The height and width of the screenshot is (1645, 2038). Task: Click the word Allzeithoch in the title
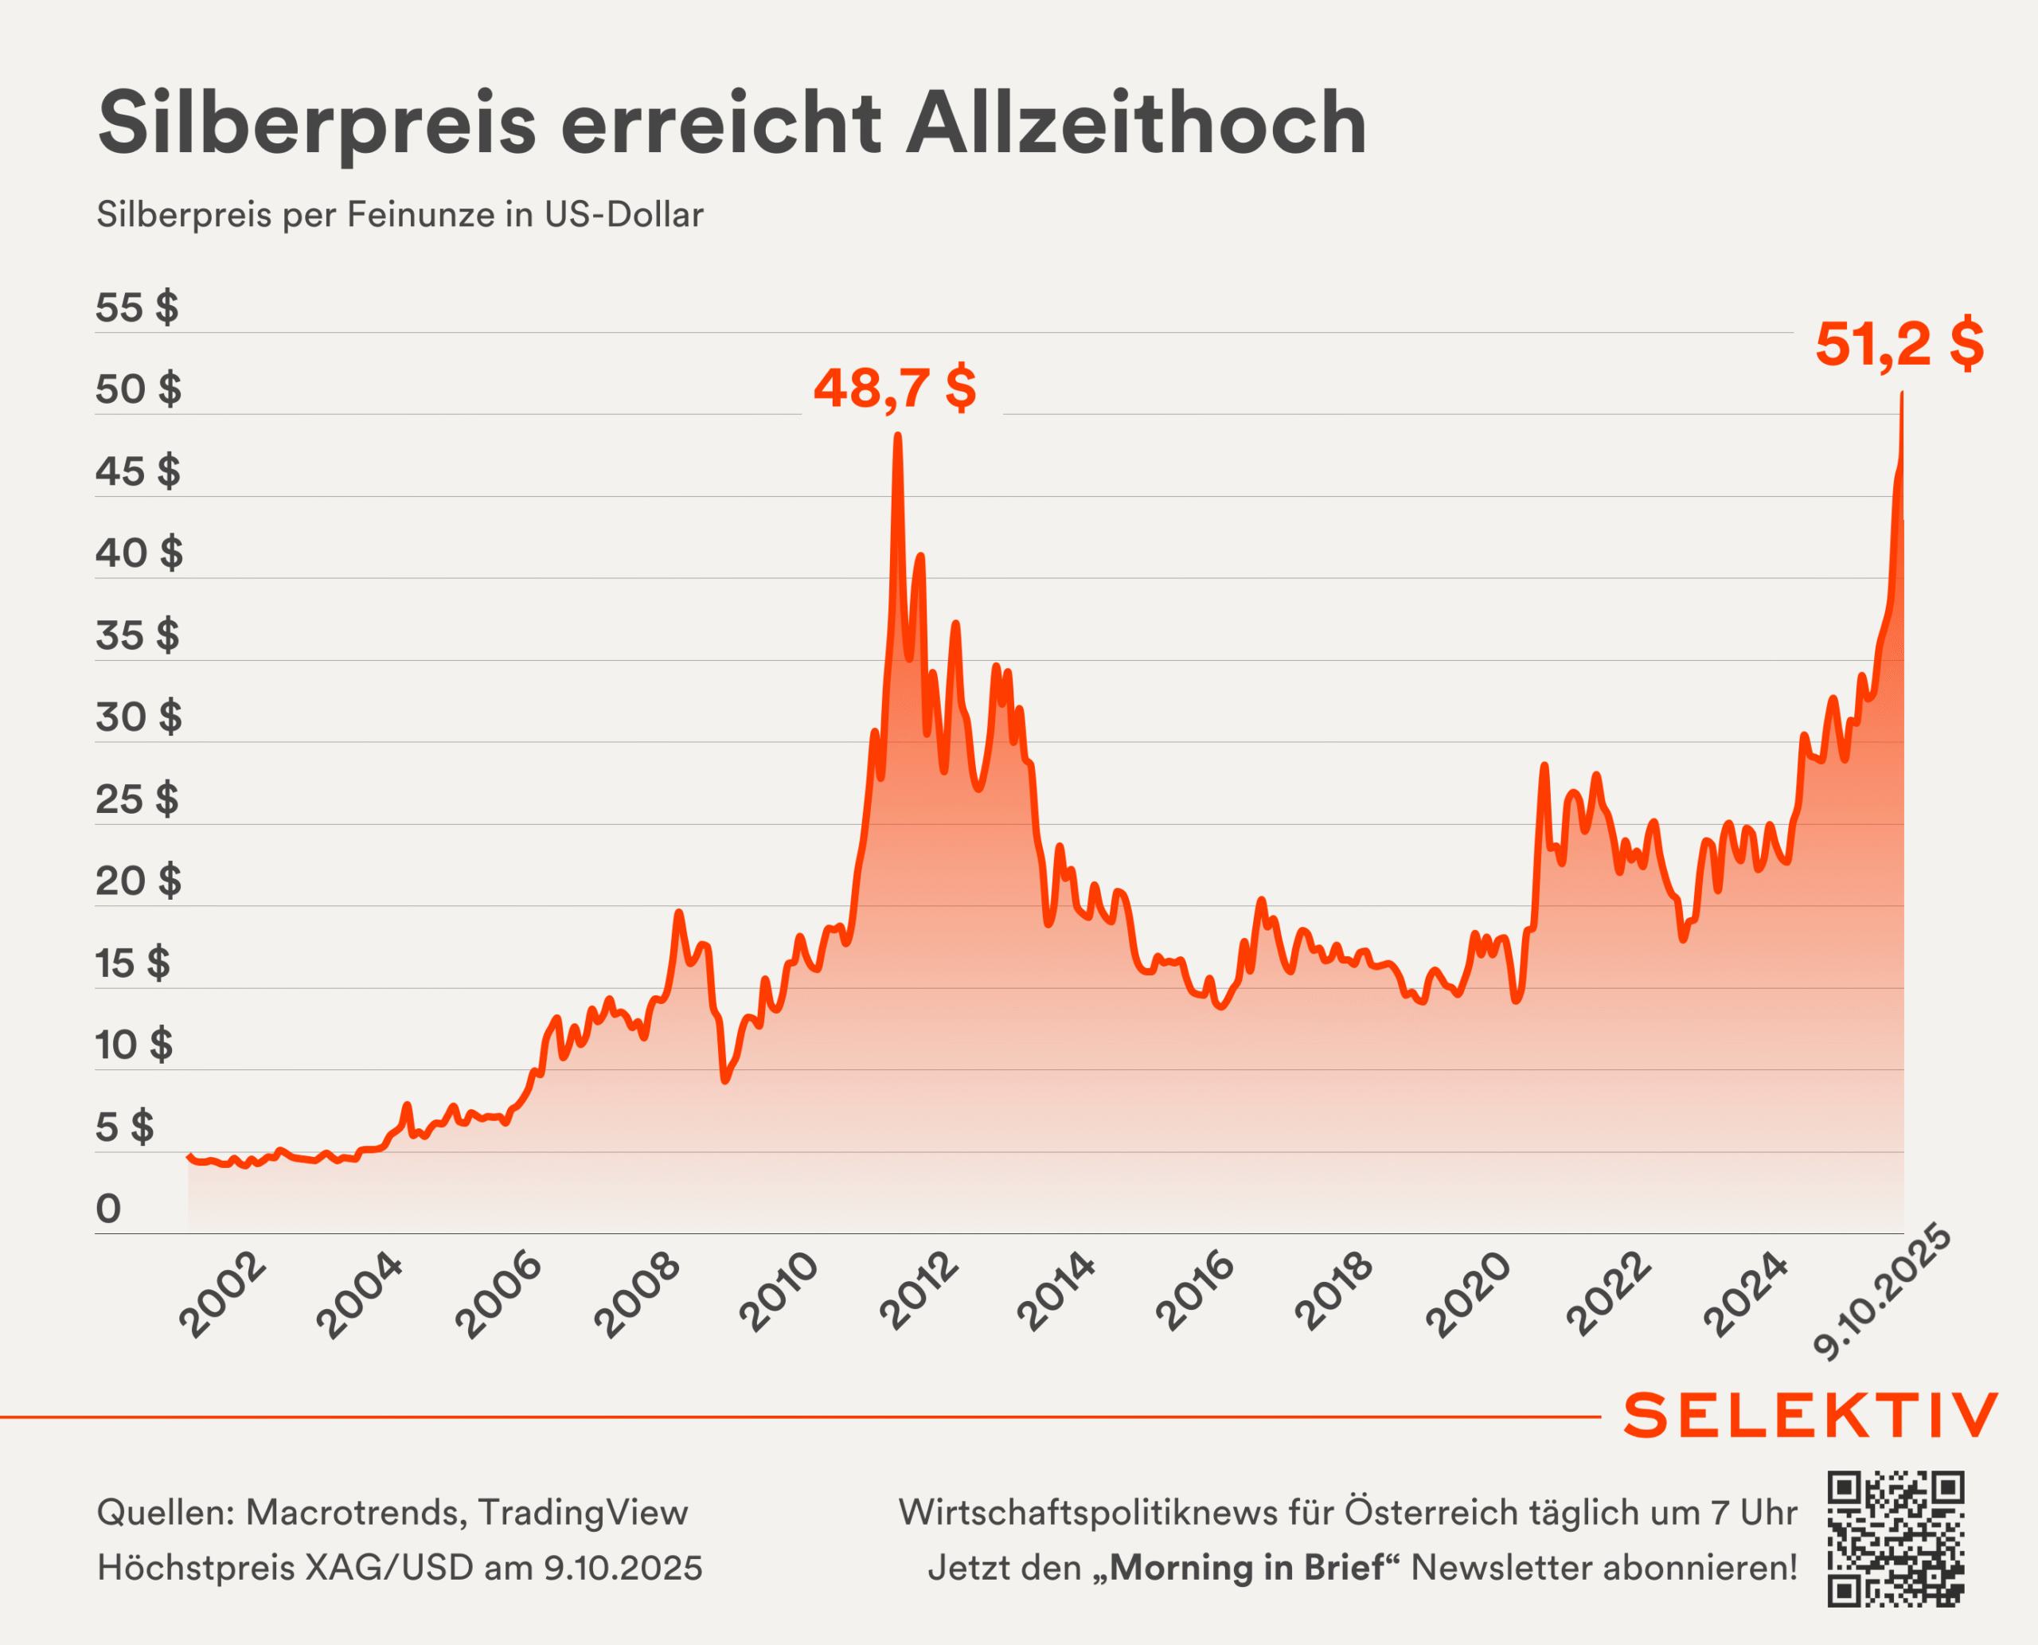[x=1135, y=123]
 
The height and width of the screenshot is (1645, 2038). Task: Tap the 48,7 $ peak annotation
[x=894, y=388]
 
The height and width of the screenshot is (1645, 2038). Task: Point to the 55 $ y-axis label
[x=136, y=308]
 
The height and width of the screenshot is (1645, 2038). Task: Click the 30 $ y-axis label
[x=139, y=717]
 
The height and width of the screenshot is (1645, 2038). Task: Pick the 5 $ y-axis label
[x=124, y=1127]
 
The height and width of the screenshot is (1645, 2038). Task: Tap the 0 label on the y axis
[x=109, y=1209]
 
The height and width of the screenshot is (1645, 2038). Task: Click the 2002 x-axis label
[x=224, y=1295]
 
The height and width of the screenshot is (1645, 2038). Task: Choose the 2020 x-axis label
[x=1469, y=1295]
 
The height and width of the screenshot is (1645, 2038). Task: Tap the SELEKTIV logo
[x=1810, y=1416]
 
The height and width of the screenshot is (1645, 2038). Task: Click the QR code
[x=1895, y=1539]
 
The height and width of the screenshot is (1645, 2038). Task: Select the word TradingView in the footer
[x=583, y=1512]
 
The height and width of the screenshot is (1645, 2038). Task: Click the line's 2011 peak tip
[x=897, y=436]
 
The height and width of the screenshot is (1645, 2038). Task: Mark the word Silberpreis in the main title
[x=318, y=123]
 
